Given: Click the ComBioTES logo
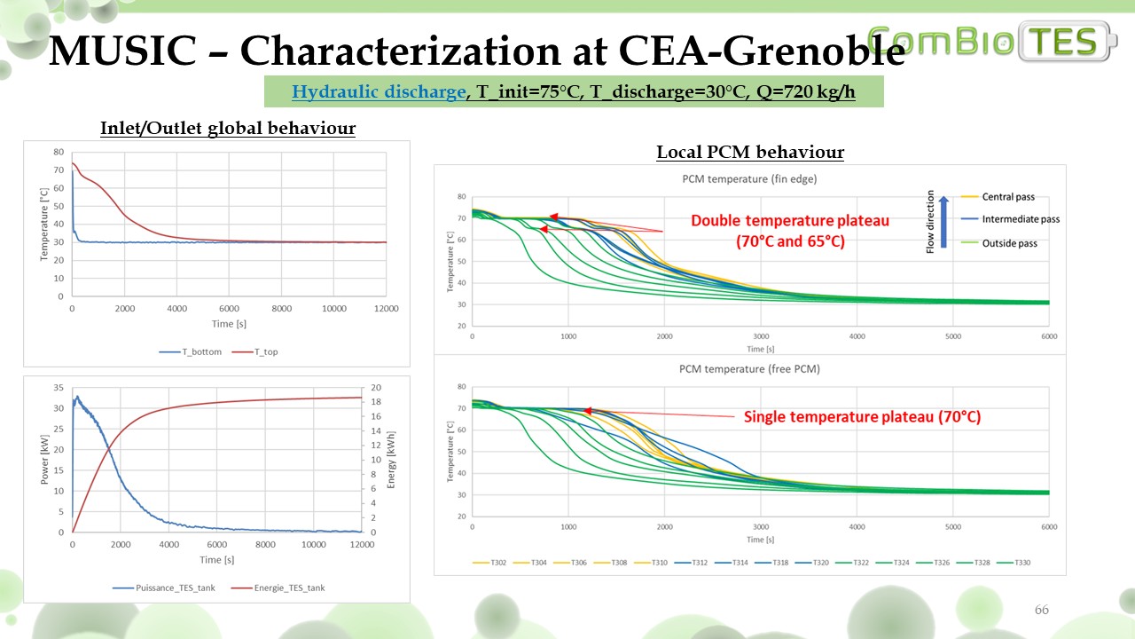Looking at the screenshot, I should click(x=993, y=42).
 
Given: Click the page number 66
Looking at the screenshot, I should click(x=1042, y=610).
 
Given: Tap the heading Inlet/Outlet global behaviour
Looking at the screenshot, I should click(x=228, y=129).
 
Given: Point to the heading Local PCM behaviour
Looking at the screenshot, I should click(x=750, y=152).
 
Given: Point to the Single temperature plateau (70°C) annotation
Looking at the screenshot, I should click(x=862, y=416).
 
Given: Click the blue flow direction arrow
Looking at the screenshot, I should click(x=944, y=222).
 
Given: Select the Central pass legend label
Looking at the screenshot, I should click(x=1008, y=197).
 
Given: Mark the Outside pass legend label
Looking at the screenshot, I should click(x=1008, y=242).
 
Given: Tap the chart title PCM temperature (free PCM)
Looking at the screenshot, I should click(x=750, y=368).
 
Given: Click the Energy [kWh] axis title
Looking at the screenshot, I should click(x=391, y=459).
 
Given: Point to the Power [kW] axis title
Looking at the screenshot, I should click(x=45, y=459).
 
